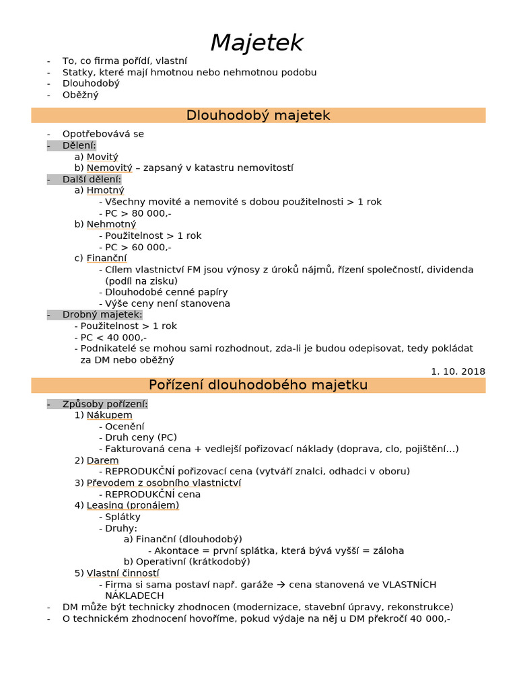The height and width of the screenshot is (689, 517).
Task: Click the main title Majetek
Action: pos(257,44)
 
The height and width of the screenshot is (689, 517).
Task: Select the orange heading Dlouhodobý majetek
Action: pos(258,116)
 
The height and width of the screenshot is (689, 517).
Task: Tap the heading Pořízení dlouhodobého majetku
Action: pos(258,386)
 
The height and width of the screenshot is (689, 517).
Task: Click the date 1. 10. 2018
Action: pos(458,371)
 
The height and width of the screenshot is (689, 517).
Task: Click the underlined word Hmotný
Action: pos(106,190)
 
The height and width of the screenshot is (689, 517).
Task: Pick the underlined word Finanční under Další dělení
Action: pos(106,258)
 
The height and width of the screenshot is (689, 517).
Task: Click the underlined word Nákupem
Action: pos(109,416)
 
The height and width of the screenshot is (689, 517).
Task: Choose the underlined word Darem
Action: pos(102,461)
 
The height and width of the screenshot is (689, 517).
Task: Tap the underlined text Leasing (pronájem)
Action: pos(133,505)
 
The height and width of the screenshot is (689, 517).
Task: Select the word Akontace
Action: pos(177,550)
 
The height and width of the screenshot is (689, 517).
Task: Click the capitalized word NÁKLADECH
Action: pos(135,596)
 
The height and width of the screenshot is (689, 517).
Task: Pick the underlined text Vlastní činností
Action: pos(123,573)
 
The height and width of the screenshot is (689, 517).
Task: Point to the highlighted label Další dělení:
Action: pos(92,180)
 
